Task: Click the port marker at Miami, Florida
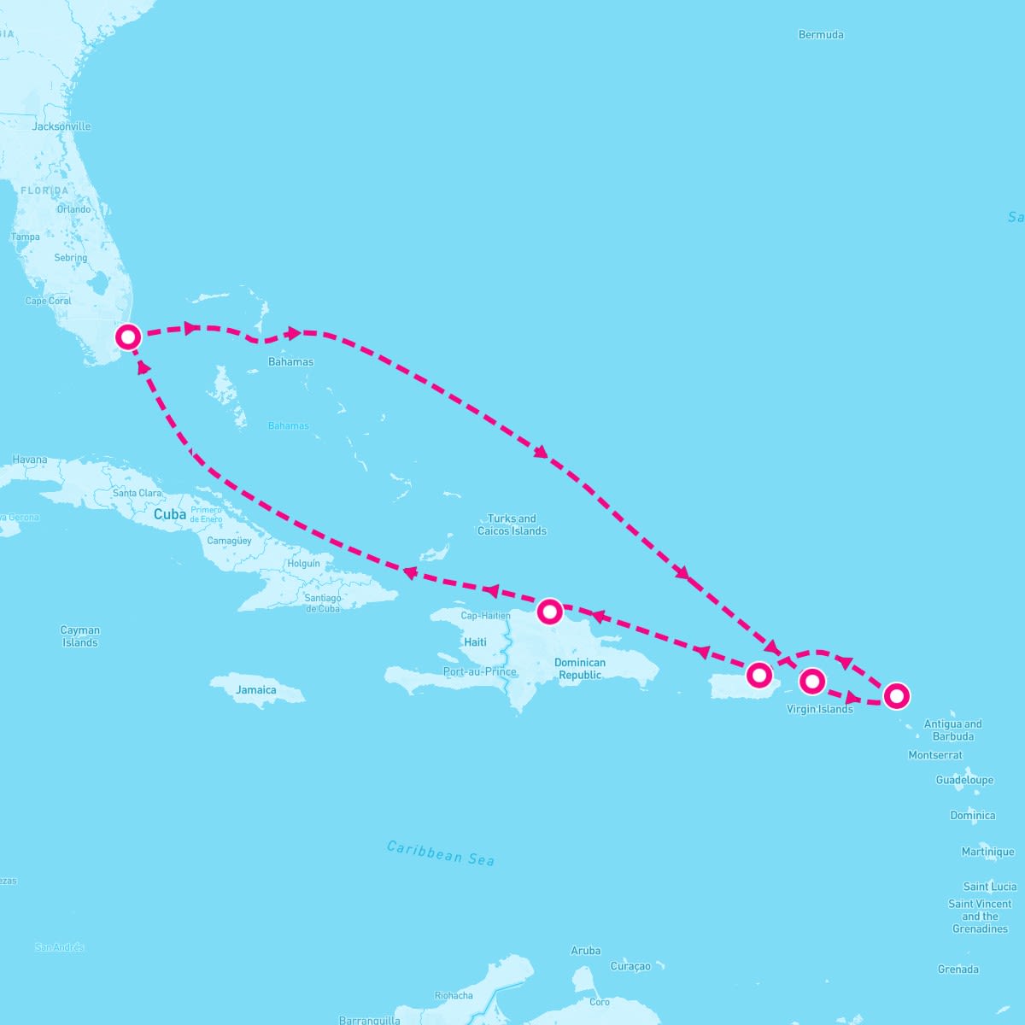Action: tap(128, 337)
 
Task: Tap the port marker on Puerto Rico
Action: tap(758, 675)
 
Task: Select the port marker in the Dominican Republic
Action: tap(549, 612)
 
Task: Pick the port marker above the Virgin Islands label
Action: tap(812, 681)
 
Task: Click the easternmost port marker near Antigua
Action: tap(895, 696)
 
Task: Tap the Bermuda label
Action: tap(821, 35)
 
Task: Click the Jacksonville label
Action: tap(61, 126)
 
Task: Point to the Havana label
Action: tap(30, 460)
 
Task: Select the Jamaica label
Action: tap(256, 690)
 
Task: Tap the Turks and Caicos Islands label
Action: tap(512, 524)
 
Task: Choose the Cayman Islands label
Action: tap(80, 636)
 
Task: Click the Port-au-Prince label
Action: tap(479, 671)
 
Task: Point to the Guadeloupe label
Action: tap(964, 780)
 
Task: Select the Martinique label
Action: tap(987, 852)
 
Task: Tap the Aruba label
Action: tap(585, 951)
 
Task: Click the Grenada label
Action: tap(958, 969)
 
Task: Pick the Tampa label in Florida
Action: tap(26, 237)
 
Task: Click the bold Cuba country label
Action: tap(170, 515)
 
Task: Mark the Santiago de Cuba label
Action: tap(323, 603)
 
